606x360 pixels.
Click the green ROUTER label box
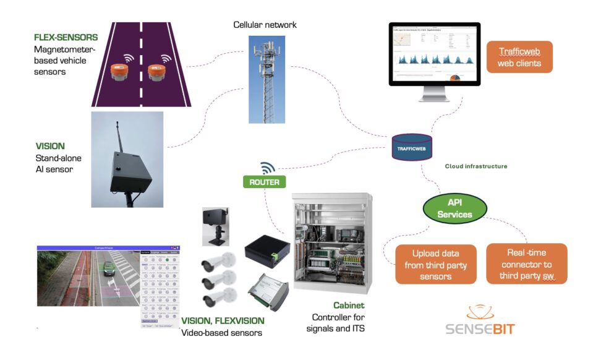[265, 182]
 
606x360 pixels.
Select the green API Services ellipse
[454, 208]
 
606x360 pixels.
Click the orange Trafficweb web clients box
[519, 57]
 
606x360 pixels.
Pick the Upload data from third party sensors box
[435, 264]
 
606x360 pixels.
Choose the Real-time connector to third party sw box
[526, 264]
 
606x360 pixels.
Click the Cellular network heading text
[265, 25]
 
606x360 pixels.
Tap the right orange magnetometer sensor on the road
[156, 72]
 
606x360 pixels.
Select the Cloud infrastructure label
[476, 166]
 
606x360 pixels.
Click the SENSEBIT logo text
[480, 328]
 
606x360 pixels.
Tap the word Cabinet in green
[349, 306]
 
